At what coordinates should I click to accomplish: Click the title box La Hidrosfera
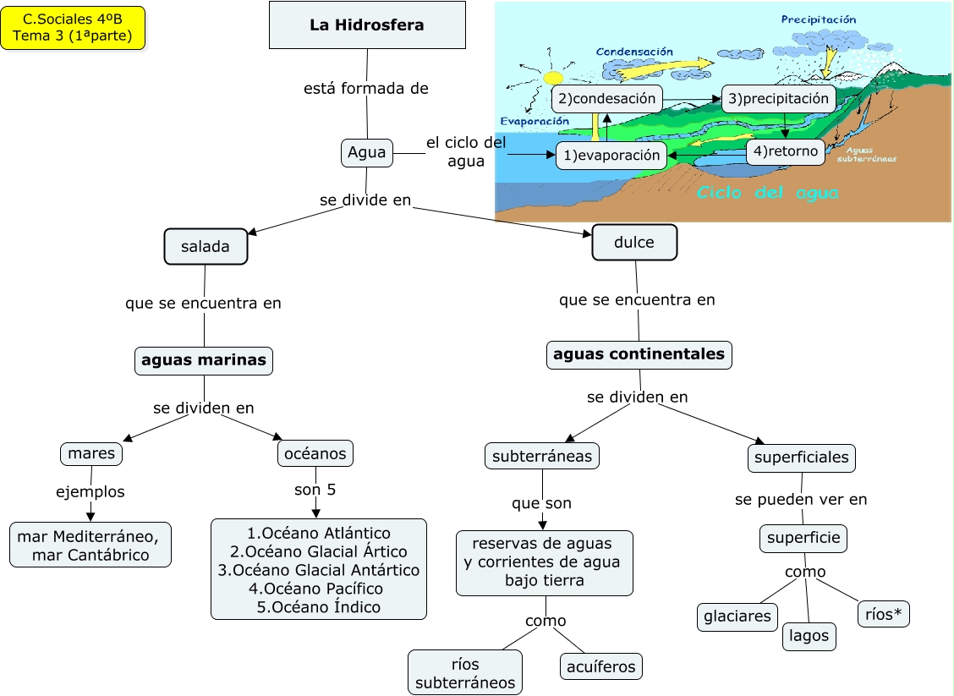367,25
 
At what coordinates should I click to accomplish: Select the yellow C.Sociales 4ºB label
73,28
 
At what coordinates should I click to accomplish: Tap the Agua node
366,153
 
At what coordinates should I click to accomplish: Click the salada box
206,246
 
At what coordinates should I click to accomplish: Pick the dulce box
634,243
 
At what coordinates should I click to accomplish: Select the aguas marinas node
204,360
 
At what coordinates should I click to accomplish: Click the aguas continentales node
639,354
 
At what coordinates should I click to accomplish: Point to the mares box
91,454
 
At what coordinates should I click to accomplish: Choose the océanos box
315,454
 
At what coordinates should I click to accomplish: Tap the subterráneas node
543,457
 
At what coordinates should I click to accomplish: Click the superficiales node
802,458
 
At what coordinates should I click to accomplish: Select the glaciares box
737,617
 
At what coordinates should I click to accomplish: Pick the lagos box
809,636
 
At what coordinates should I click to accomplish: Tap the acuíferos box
601,666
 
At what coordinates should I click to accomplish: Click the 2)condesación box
606,99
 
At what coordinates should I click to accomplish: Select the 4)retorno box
786,152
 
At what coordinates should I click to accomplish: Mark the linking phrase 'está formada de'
366,88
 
